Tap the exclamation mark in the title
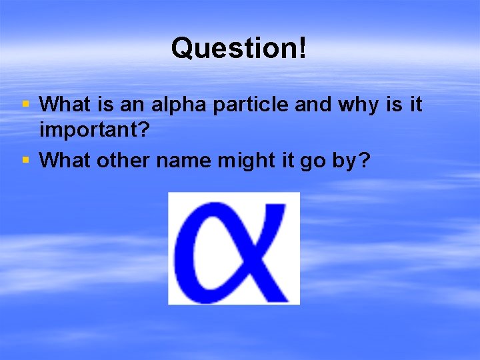(303, 47)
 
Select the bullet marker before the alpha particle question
(25, 104)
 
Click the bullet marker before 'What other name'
(25, 160)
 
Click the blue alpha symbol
(234, 248)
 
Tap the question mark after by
(363, 161)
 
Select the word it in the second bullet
(283, 161)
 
